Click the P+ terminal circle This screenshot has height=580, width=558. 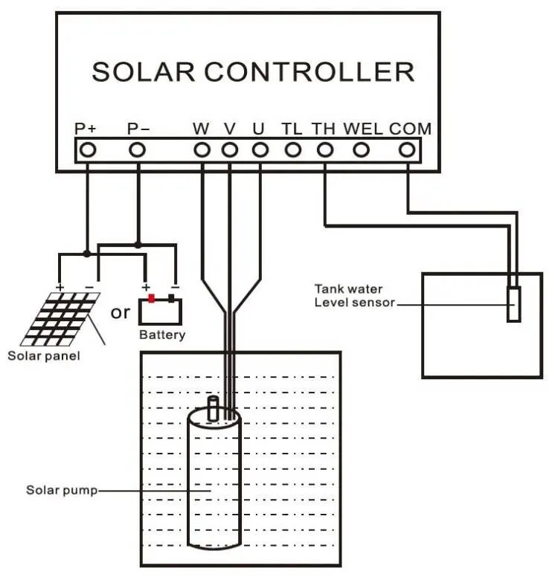click(87, 149)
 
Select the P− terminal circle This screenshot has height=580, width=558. click(137, 149)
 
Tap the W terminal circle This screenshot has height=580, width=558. click(202, 149)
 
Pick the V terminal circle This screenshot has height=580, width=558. click(229, 149)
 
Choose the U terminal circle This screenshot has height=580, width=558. click(259, 149)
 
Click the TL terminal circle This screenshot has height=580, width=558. click(293, 149)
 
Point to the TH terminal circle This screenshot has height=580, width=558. click(324, 149)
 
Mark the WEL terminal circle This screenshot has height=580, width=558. click(361, 149)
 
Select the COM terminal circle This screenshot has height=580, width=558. click(407, 149)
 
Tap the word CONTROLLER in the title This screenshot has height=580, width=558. click(309, 71)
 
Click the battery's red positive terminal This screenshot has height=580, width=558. click(151, 299)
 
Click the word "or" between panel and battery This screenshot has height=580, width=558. click(120, 312)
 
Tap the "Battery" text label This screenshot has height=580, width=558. click(161, 335)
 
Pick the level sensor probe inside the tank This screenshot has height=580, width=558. click(513, 303)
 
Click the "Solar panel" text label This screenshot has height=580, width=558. click(43, 355)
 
